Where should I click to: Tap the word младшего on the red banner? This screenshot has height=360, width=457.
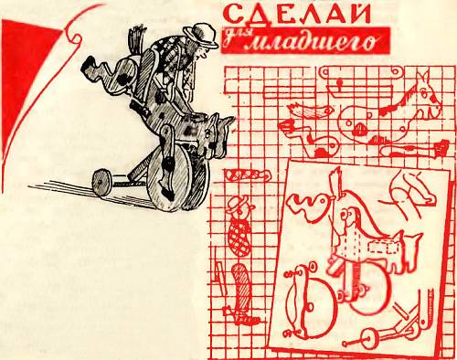pos(311,43)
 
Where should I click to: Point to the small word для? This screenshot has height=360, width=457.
pos(233,38)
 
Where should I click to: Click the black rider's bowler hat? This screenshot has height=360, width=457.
pos(200,35)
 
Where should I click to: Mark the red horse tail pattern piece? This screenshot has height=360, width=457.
pos(309,111)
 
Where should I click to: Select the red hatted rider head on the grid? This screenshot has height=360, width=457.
pos(240,206)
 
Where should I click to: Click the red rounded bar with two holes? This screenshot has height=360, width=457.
pos(362,73)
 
